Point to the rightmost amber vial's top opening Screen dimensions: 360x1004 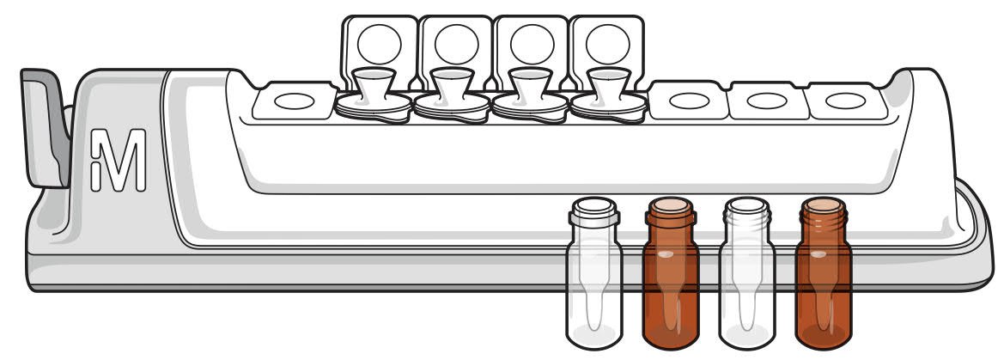click(x=823, y=206)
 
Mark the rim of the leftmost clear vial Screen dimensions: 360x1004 click(x=594, y=207)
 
